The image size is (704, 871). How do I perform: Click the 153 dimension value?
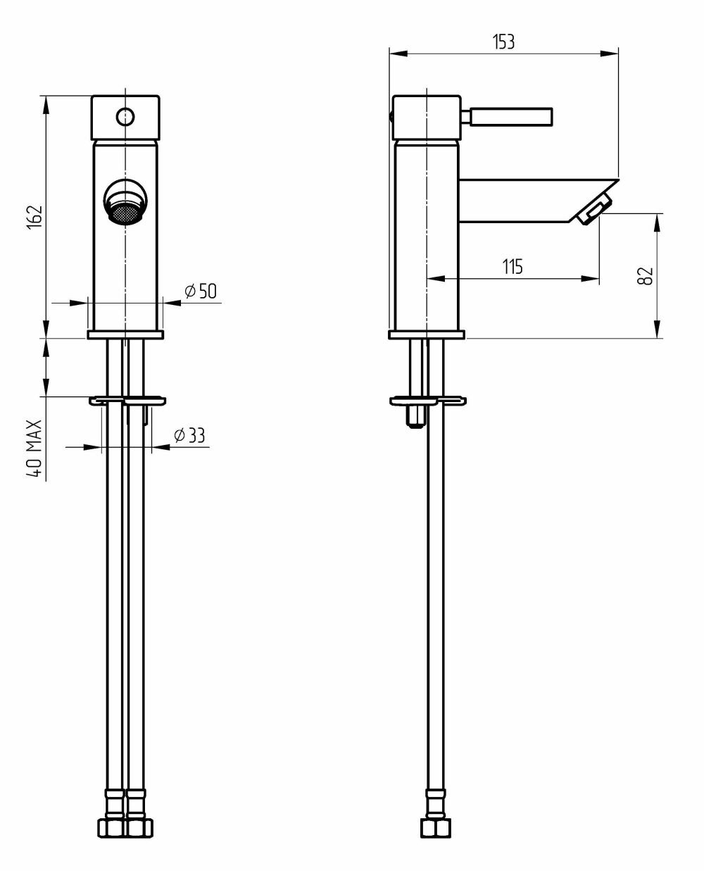(x=503, y=42)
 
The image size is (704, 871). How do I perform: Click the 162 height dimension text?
(x=37, y=217)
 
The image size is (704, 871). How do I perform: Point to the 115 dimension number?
(x=512, y=266)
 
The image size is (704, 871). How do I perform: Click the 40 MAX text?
(x=35, y=449)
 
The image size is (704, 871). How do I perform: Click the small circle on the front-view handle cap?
(x=125, y=116)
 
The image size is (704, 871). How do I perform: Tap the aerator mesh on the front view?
(x=125, y=213)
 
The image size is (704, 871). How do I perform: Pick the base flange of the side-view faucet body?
(x=427, y=334)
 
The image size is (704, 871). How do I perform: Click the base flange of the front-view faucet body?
(x=125, y=334)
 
